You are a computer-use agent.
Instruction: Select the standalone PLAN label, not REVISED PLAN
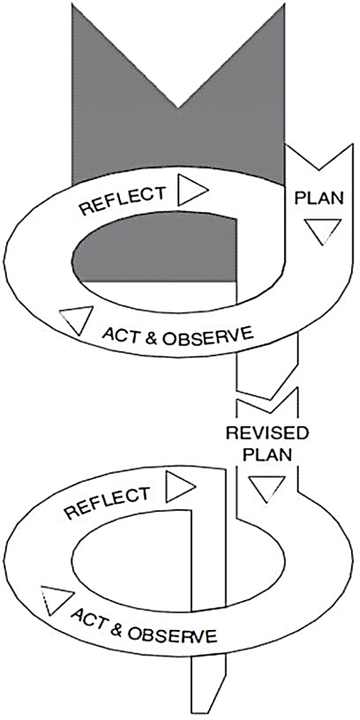(x=320, y=199)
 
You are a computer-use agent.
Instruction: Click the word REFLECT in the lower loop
(x=107, y=503)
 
